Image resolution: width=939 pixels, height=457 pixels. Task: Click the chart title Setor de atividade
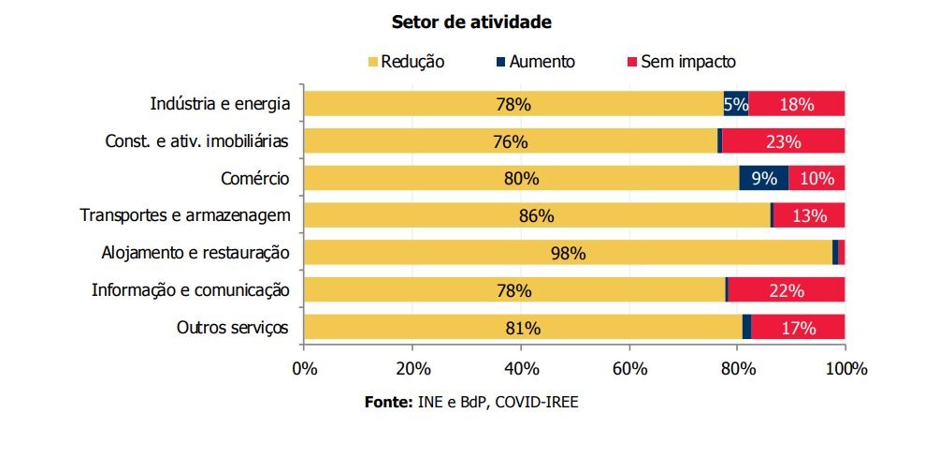tap(470, 21)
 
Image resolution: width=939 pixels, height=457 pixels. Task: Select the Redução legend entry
tap(407, 62)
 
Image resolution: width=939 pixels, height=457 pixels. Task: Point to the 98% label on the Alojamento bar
tap(568, 253)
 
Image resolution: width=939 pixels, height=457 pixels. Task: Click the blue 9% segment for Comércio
tap(763, 178)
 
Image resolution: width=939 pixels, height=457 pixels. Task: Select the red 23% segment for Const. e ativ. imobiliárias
tap(783, 141)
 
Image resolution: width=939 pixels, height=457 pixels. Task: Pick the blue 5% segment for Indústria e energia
tap(736, 104)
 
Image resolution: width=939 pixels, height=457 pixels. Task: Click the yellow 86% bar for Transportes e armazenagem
tap(537, 215)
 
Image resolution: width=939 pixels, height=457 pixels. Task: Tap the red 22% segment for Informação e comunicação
tap(786, 290)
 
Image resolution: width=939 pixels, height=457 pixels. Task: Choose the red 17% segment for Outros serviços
tap(797, 328)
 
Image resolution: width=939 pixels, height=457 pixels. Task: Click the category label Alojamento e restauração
tap(196, 253)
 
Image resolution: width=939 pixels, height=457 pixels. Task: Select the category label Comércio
tap(255, 178)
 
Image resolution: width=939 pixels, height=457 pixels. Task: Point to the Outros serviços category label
tap(233, 328)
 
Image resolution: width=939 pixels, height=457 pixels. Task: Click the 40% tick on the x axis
tap(521, 369)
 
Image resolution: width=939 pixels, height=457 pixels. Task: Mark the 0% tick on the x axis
tap(305, 369)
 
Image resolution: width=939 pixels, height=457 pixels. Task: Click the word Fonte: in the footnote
tap(387, 402)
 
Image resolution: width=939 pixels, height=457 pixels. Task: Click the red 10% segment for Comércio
tap(816, 178)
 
